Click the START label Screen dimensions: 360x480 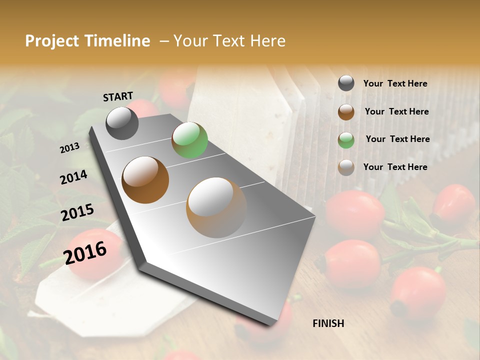click(x=118, y=96)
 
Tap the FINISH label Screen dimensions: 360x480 click(x=328, y=323)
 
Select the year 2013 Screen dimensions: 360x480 click(x=70, y=147)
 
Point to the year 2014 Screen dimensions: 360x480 click(x=74, y=177)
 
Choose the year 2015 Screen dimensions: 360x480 click(x=77, y=212)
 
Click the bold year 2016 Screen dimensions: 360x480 click(x=85, y=252)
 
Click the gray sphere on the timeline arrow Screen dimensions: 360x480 click(x=122, y=123)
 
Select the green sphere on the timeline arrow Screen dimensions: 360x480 click(x=189, y=140)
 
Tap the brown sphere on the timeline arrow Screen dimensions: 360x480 click(x=145, y=180)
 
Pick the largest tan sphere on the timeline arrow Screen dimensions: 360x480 click(x=216, y=207)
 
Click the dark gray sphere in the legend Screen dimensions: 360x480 click(x=346, y=83)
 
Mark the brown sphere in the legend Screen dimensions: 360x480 click(x=346, y=112)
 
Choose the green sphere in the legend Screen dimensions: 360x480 click(x=346, y=140)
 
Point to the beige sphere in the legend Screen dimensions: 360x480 click(x=346, y=167)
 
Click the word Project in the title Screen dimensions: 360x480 click(x=52, y=41)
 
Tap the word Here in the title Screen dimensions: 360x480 click(x=266, y=41)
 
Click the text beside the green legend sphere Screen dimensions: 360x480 click(x=397, y=139)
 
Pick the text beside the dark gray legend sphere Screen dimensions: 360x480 click(x=395, y=83)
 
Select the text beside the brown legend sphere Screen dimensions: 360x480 click(x=396, y=111)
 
